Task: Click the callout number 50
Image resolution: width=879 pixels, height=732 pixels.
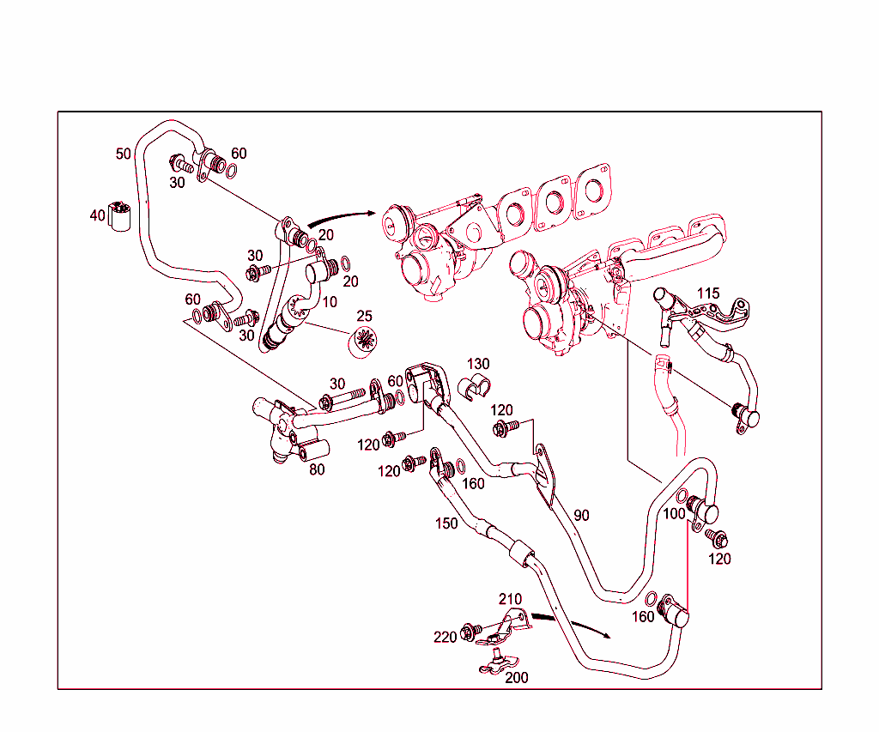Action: coord(124,154)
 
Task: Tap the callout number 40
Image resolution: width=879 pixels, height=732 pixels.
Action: coord(97,215)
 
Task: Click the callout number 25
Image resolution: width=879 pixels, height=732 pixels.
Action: coord(365,317)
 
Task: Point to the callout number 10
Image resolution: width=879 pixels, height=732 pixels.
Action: coord(330,302)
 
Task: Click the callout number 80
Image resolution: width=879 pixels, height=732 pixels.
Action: coord(317,470)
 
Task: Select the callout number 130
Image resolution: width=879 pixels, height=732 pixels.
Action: coord(478,365)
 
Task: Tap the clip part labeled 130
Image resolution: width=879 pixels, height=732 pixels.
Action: coord(475,387)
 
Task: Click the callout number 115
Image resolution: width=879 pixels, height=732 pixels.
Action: coord(708,293)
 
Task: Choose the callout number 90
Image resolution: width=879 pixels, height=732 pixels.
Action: coord(581,515)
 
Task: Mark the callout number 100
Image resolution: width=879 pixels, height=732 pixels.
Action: coord(674,513)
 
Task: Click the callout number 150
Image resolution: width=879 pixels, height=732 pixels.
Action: coord(446,523)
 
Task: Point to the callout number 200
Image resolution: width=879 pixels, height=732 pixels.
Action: coord(516,677)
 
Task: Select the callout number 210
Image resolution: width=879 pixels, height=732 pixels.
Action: coord(511,598)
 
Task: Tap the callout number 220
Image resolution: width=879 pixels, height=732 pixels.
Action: coord(445,636)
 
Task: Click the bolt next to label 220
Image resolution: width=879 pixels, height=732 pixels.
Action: coord(470,632)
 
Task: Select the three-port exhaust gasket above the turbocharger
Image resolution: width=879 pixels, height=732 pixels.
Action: coord(549,200)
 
